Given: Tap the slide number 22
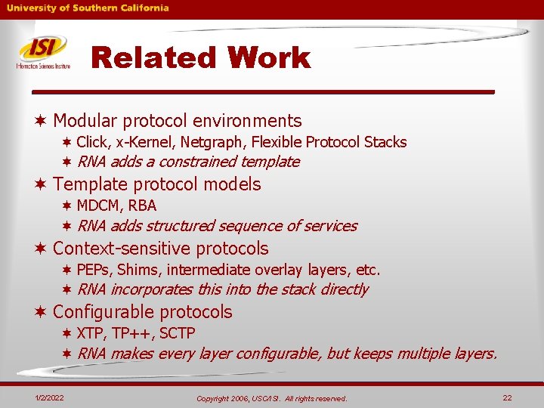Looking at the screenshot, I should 507,397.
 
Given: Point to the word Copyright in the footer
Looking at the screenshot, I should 215,398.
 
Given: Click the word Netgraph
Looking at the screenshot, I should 219,142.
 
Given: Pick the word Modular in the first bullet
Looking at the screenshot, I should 85,121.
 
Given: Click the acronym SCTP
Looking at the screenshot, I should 178,333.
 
